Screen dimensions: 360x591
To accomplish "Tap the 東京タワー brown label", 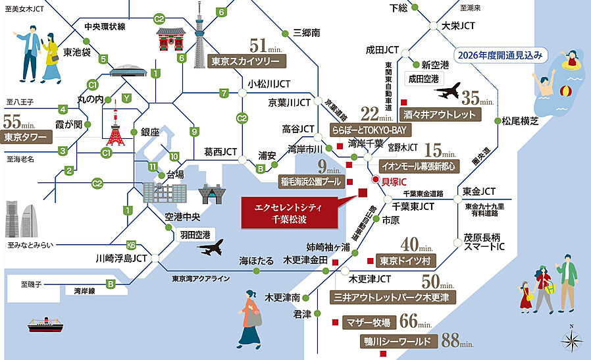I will pyautogui.click(x=26, y=138).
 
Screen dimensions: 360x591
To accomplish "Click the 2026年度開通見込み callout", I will pyautogui.click(x=501, y=55).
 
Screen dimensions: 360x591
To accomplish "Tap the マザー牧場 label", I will pyautogui.click(x=369, y=322).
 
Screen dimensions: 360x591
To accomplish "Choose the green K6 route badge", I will pyautogui.click(x=131, y=245).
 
